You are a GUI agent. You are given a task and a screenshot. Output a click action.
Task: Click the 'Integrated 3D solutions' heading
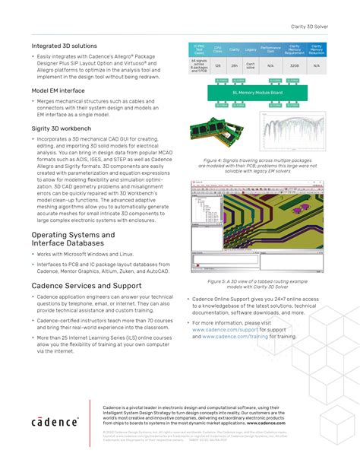(64, 46)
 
